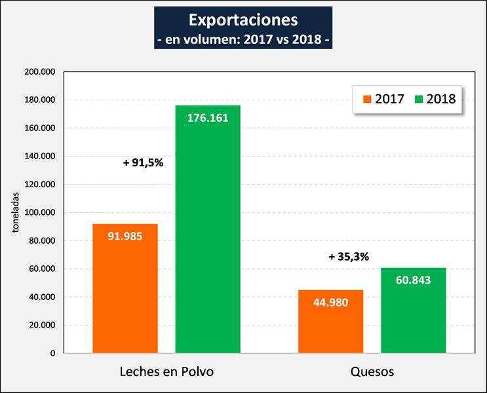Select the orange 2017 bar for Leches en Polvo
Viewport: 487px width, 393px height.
[x=125, y=288]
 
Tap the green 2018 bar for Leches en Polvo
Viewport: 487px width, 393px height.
[x=208, y=229]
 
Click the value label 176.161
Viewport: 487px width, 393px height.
[x=208, y=119]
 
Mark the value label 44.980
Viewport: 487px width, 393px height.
[x=330, y=303]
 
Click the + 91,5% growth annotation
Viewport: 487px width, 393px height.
[x=143, y=163]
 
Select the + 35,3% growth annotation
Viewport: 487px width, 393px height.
[x=349, y=257]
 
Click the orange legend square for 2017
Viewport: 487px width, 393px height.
[x=366, y=100]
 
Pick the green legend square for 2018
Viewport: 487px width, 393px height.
[x=417, y=100]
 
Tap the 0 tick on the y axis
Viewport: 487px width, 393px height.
[x=52, y=354]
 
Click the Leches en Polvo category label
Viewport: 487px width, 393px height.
[x=166, y=372]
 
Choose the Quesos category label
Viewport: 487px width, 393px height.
[x=372, y=372]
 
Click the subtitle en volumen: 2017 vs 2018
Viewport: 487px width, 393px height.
[x=243, y=39]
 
